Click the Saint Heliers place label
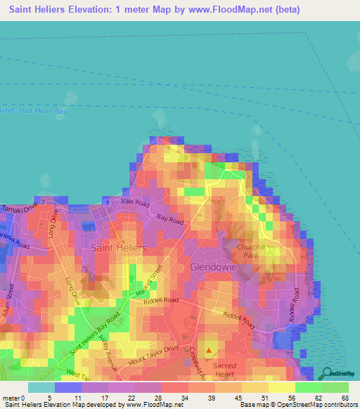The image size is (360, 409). pos(119,248)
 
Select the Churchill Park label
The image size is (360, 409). pos(268,251)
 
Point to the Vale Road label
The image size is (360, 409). pos(136,202)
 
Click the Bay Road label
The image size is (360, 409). pos(169,219)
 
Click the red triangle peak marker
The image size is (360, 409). pos(208,349)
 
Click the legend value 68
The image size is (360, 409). pos(344,399)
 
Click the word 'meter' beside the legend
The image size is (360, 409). pos(11,399)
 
